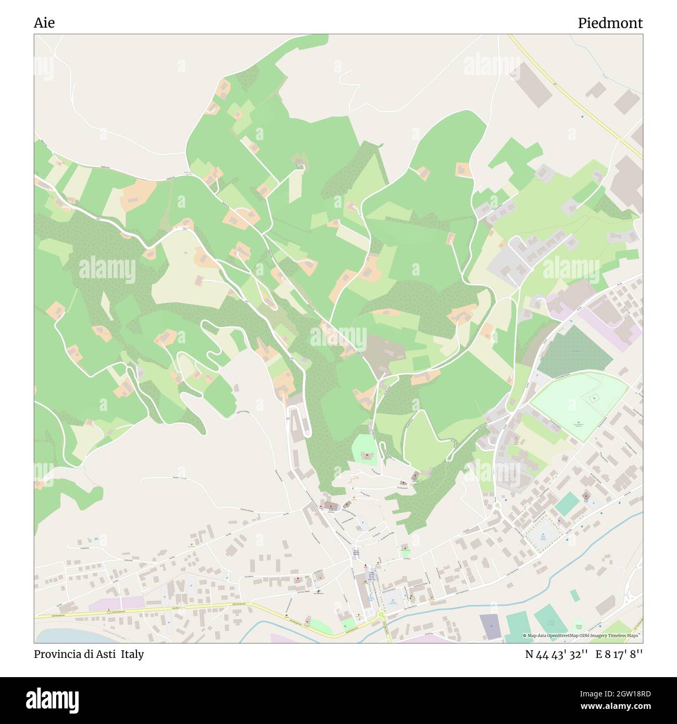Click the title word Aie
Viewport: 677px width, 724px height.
44,23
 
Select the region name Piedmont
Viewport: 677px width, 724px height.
610,23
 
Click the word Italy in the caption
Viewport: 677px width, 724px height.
133,654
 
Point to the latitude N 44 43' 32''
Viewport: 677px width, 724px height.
557,654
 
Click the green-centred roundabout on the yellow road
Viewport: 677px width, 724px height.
381,615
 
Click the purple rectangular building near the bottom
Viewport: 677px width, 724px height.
489,627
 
